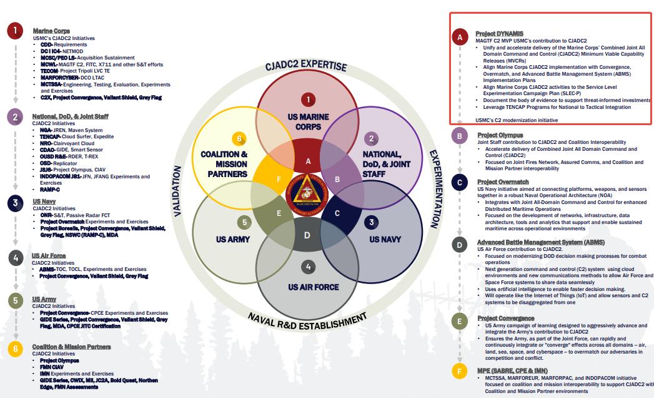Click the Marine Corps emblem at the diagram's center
click(307, 195)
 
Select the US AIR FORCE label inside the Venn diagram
click(313, 287)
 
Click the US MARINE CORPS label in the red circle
click(308, 121)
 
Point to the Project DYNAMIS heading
click(499, 33)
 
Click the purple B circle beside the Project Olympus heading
click(460, 136)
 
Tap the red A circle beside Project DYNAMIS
click(460, 37)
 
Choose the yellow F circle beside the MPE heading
click(460, 372)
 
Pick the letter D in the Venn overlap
click(307, 235)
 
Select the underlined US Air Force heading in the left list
click(49, 256)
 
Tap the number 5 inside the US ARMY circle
click(245, 222)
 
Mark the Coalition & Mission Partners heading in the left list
click(71, 346)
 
